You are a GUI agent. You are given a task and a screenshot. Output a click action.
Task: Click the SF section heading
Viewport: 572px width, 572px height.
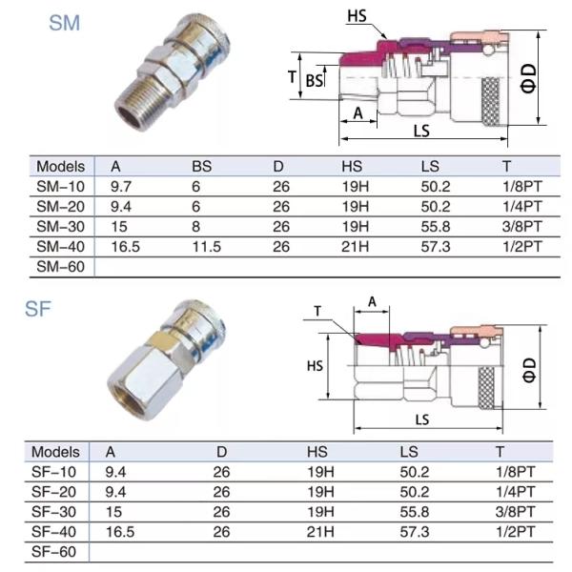point(39,309)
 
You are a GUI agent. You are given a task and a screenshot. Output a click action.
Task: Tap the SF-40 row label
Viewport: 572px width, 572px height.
point(54,531)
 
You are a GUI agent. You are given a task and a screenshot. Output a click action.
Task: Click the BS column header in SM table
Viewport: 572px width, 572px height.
point(201,167)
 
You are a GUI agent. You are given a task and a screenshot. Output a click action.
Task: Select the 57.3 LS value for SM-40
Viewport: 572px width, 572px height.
point(438,247)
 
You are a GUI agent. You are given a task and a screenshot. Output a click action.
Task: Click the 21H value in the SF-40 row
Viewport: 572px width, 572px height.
point(323,531)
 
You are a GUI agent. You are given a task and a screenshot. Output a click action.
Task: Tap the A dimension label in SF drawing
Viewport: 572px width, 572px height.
point(373,302)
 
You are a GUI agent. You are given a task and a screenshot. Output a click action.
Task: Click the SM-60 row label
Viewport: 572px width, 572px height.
point(59,267)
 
